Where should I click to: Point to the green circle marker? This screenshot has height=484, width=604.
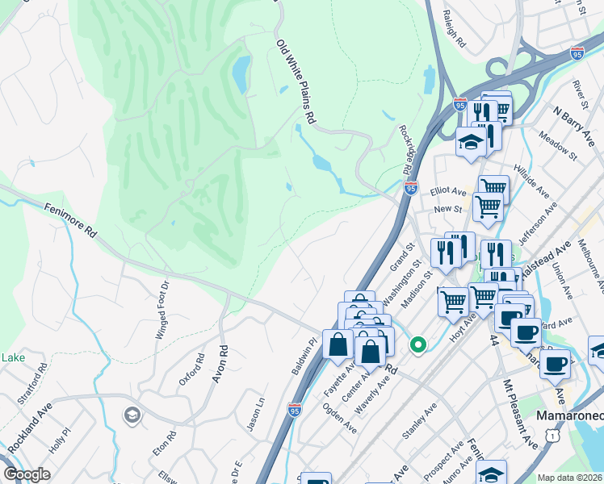pos(417,345)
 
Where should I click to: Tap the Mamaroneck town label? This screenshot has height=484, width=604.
pos(570,415)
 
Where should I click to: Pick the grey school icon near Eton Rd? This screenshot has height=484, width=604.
pos(131,415)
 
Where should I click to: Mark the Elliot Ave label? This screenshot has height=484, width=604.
pos(449,191)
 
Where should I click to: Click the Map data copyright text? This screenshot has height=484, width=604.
pos(569,478)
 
